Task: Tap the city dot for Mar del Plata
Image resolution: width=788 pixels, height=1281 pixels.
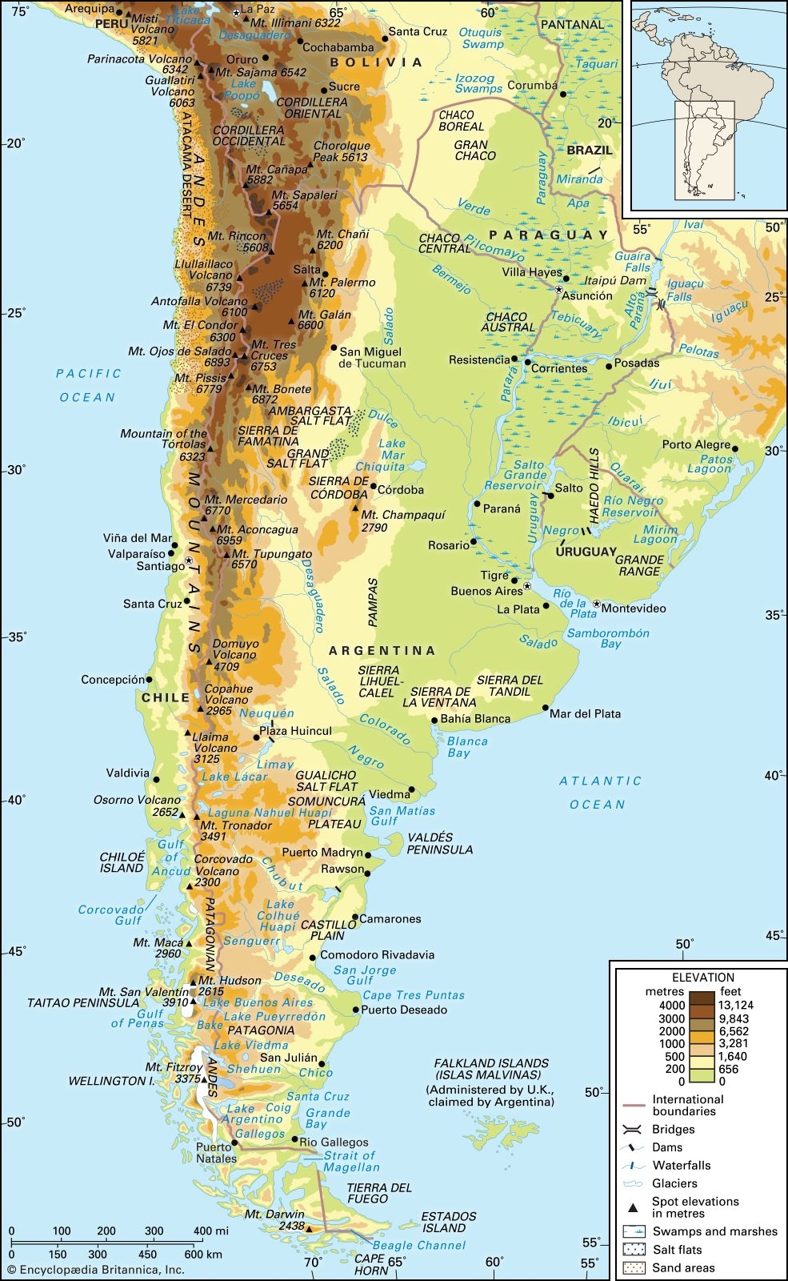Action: [546, 708]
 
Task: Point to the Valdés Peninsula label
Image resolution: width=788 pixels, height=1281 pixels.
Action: [439, 843]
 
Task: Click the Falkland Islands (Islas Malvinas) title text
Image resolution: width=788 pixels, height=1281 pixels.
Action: [490, 1069]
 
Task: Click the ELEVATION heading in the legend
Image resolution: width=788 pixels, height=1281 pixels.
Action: [702, 978]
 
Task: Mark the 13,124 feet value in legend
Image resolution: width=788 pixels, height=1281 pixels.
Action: [735, 1005]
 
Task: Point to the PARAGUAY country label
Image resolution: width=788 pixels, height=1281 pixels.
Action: [549, 235]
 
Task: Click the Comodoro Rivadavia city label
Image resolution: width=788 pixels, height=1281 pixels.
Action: [377, 954]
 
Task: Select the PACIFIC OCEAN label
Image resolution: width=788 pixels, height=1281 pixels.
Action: [88, 385]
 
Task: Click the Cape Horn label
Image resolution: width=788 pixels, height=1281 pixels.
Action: [370, 1264]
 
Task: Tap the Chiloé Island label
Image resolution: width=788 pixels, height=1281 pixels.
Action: [122, 861]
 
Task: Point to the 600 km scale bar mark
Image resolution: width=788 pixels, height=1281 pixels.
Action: [194, 1255]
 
